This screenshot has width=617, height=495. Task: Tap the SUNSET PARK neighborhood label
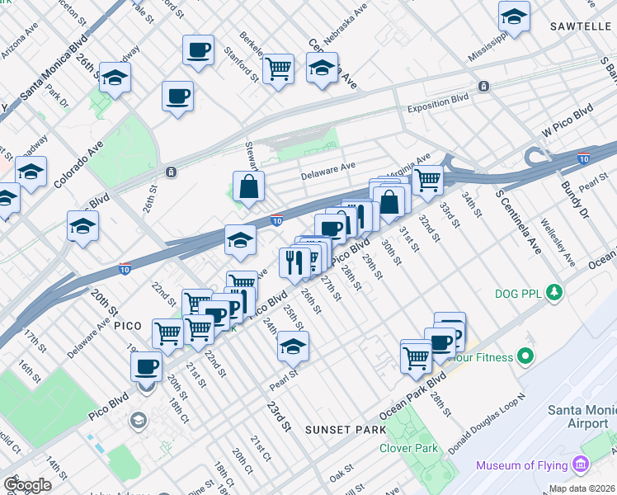pos(345,430)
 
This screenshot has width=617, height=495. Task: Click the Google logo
pos(27,485)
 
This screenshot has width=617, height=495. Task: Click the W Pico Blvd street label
pos(567,120)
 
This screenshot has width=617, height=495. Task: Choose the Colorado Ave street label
pos(70,165)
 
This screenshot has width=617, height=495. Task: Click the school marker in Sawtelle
pos(514,16)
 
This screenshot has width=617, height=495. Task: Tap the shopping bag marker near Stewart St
pos(248,187)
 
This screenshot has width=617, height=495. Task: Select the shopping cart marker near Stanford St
pos(279,68)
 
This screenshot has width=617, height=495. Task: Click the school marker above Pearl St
pos(292,346)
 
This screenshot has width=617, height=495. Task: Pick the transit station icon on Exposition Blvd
pos(483,86)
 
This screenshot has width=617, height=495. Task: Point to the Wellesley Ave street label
pos(557,243)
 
